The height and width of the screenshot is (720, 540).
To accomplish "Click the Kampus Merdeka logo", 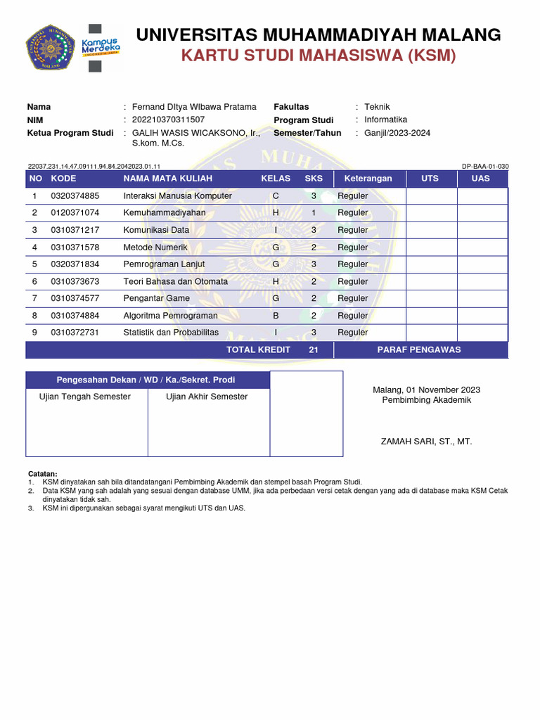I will tap(102, 47).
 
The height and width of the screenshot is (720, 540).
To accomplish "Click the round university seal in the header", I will tap(51, 49).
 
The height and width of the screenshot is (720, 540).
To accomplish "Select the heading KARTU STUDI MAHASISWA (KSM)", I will tap(319, 56).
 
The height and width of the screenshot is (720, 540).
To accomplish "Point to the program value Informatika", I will tap(385, 120).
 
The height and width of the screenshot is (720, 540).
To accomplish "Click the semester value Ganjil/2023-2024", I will tap(397, 133).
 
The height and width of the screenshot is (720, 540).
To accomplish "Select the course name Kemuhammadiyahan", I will tap(165, 212).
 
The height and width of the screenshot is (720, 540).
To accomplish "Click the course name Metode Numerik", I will tap(155, 247).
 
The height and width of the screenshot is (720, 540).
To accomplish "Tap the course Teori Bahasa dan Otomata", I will tap(176, 281).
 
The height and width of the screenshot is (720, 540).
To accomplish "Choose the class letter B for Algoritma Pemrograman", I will tap(276, 316).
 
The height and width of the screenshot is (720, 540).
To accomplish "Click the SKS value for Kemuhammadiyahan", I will tap(314, 212).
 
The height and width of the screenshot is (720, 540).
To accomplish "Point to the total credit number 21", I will tap(314, 349).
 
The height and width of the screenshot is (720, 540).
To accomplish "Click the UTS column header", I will tap(430, 179).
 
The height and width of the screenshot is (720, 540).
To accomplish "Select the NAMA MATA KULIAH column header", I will tap(167, 179).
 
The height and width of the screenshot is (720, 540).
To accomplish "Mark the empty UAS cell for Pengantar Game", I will tap(482, 298).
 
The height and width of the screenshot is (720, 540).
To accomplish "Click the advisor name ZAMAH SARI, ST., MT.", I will tap(426, 442).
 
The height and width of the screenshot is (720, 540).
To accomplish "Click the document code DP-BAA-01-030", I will tap(484, 167).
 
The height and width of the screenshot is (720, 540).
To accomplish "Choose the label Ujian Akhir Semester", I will tap(207, 397).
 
